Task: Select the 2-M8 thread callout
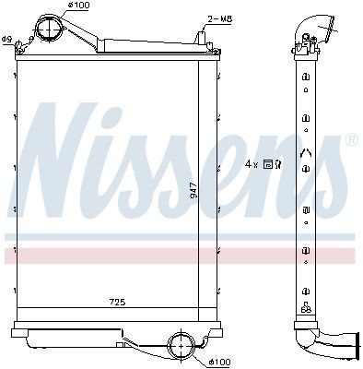point(219,18)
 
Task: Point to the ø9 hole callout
point(6,39)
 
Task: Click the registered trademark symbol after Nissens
point(351,140)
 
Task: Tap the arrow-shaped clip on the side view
point(304,152)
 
